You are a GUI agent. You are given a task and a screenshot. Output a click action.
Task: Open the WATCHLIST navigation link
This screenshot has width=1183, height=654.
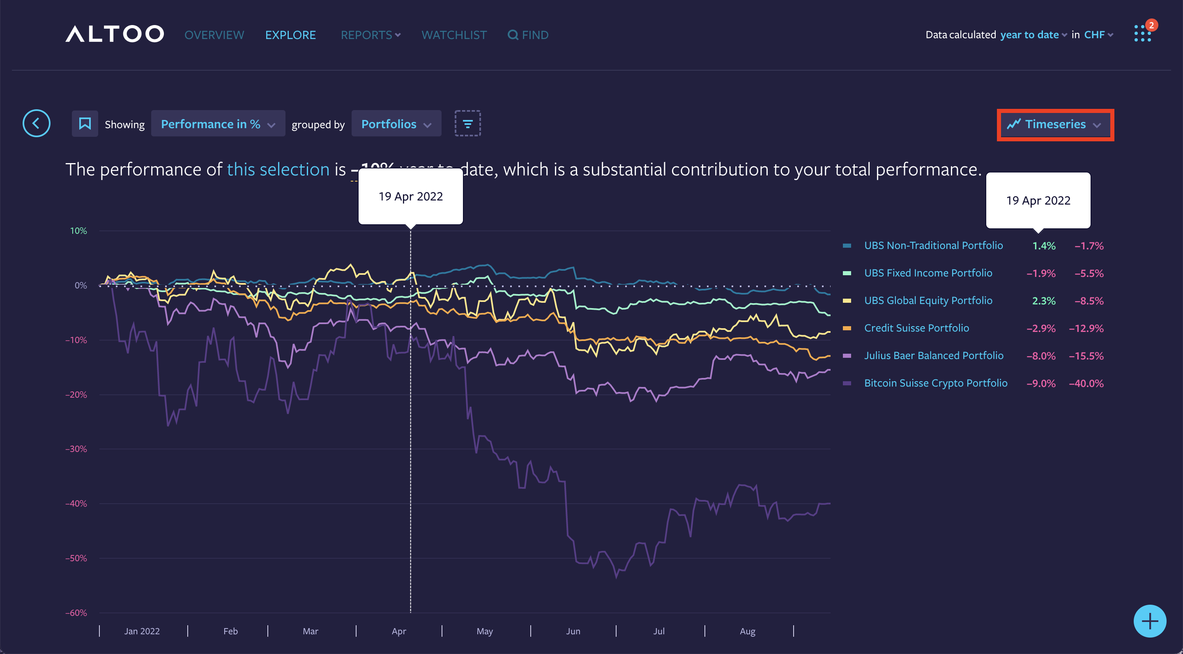454,35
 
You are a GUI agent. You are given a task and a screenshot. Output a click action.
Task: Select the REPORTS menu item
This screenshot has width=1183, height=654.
370,35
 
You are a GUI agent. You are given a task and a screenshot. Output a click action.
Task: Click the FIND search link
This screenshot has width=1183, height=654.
528,35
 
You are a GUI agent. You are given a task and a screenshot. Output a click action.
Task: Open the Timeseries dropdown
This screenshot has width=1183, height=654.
1055,124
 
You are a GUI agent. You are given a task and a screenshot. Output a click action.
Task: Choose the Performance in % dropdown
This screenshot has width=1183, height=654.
218,124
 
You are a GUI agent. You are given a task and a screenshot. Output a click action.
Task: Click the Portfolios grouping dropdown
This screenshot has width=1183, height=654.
396,124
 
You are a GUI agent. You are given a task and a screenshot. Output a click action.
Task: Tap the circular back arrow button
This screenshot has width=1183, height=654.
36,123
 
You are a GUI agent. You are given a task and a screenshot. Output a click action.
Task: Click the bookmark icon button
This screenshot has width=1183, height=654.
85,124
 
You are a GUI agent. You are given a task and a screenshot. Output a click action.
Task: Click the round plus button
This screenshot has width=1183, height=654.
1149,621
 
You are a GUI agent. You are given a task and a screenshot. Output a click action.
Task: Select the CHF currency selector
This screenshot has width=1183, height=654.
1098,35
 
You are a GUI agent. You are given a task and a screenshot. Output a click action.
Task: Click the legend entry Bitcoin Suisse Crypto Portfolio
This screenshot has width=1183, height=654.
935,383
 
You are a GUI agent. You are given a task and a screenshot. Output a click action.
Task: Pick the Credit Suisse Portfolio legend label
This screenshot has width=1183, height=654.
916,328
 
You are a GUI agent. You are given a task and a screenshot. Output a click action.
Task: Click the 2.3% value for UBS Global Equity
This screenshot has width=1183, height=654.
1043,301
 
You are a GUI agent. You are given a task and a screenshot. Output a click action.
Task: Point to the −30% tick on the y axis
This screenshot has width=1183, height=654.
76,449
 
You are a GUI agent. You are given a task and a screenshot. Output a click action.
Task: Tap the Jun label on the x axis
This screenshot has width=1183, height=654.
573,631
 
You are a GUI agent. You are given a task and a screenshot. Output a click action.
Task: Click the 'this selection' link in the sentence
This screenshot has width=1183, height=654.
278,170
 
